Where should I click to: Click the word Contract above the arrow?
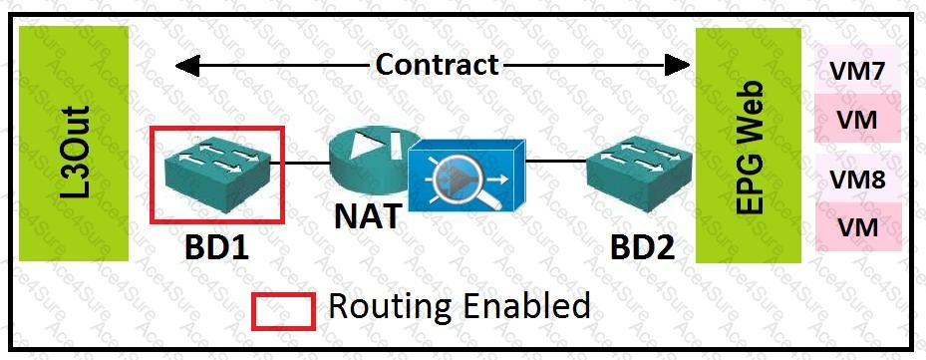[x=437, y=64]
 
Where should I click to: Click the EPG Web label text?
[x=750, y=146]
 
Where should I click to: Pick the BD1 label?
[x=216, y=248]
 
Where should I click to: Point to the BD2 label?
[x=641, y=248]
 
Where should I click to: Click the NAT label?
[x=367, y=216]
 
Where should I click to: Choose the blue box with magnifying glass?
[x=466, y=175]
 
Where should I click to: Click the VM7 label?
[x=857, y=71]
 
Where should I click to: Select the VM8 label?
[x=857, y=179]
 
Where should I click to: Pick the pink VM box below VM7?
[x=857, y=119]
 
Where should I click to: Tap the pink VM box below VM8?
[x=857, y=226]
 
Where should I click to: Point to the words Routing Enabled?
[x=460, y=306]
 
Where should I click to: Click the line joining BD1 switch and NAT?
[x=301, y=161]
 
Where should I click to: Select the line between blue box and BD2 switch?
[x=556, y=161]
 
